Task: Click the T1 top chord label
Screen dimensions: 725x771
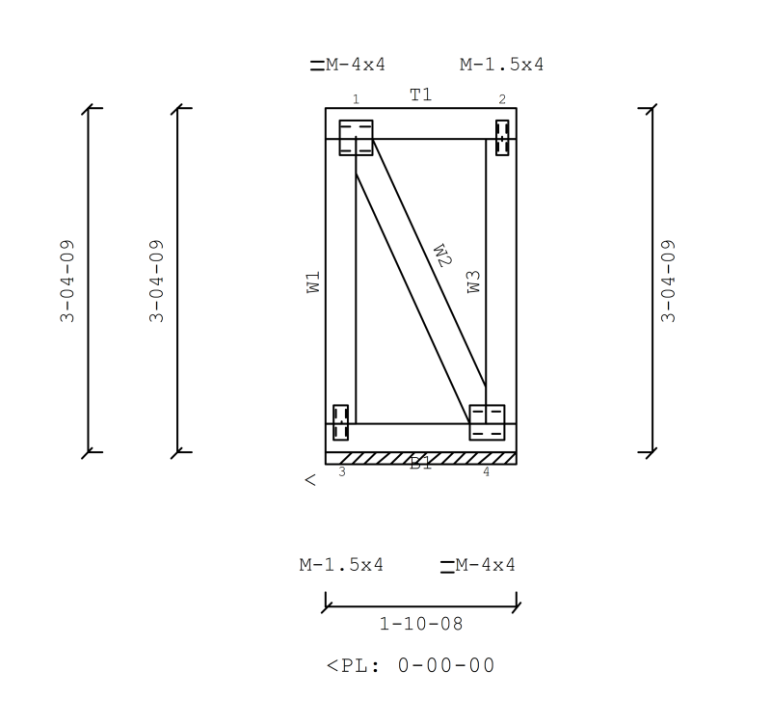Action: tap(420, 94)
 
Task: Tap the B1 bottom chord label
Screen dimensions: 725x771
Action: tap(421, 463)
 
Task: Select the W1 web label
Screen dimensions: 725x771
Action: tap(313, 282)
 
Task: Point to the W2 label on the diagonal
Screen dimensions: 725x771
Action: tap(441, 255)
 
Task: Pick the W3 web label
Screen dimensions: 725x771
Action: tap(473, 282)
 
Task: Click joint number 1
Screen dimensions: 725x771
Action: tap(356, 99)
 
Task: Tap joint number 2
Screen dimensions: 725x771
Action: tap(501, 99)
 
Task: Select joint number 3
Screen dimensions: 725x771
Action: tap(342, 471)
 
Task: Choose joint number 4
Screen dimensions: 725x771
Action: tap(486, 471)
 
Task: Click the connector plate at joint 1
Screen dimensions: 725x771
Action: tap(356, 137)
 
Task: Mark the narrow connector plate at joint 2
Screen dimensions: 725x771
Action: tap(501, 138)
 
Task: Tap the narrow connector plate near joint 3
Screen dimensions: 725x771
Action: tap(340, 422)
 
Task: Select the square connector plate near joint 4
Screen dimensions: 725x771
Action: tap(487, 422)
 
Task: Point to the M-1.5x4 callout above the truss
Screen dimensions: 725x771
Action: tap(501, 65)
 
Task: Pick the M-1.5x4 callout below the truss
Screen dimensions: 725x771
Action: tap(341, 565)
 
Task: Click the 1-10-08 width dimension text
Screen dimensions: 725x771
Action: tap(421, 624)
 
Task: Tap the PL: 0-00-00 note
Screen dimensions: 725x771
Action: tap(412, 665)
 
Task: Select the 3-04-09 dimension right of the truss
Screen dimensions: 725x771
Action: tap(669, 281)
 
